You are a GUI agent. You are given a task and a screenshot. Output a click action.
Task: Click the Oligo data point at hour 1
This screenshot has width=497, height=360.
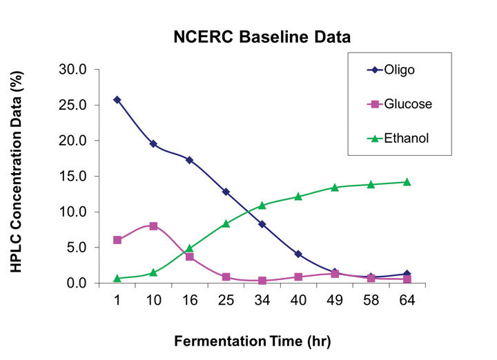tap(117, 100)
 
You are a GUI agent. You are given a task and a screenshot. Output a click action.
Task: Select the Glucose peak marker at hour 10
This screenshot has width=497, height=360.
tap(153, 226)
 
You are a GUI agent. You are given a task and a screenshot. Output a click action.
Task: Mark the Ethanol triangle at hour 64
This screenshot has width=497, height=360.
tap(407, 182)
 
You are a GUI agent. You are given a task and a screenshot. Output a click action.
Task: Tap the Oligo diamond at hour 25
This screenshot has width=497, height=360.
tap(226, 192)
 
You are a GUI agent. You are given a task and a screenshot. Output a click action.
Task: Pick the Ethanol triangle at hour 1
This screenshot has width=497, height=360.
tap(117, 279)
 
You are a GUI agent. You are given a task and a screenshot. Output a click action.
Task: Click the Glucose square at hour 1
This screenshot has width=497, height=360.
tap(117, 240)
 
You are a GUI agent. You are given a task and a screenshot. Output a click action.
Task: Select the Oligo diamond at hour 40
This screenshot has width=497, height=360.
tap(298, 254)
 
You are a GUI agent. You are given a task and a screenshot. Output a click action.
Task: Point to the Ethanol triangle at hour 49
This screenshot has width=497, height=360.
tap(335, 188)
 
